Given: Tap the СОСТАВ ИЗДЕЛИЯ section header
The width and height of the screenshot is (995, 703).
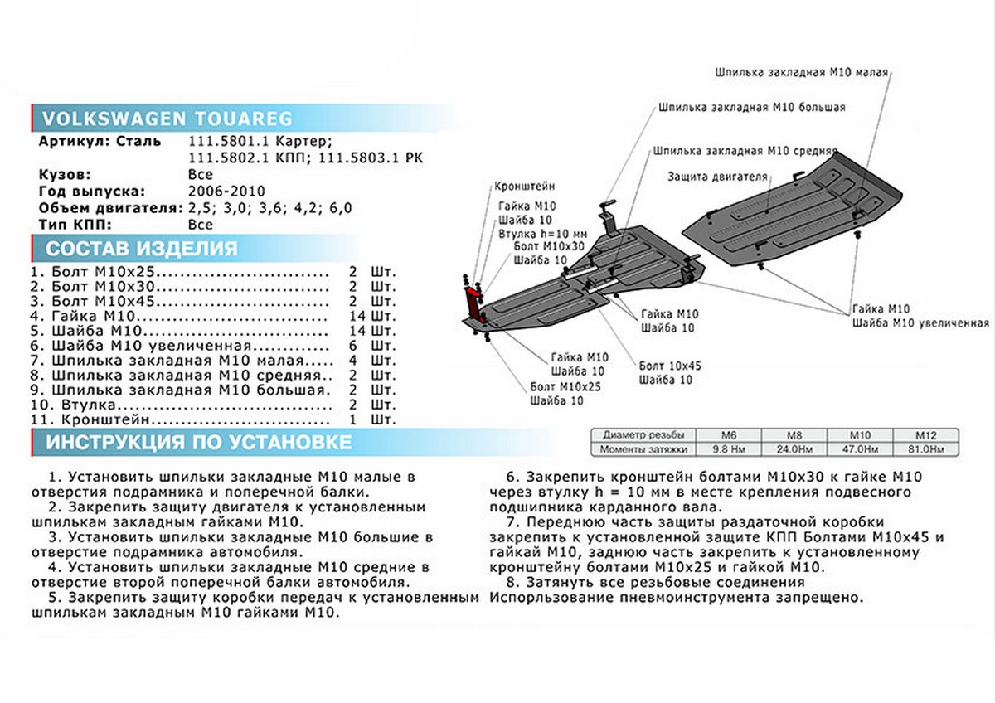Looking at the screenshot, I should [141, 248].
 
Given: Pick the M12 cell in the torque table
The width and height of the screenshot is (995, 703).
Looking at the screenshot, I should [925, 434].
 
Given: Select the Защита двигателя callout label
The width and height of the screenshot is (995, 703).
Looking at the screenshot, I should [718, 177].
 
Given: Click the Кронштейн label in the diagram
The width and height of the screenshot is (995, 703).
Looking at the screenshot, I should [524, 187].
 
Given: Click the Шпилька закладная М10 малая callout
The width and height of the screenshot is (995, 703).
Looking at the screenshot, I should [801, 73].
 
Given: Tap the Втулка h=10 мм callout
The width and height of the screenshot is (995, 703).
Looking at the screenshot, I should [544, 234].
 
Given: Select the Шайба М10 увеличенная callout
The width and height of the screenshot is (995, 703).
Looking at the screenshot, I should [920, 323].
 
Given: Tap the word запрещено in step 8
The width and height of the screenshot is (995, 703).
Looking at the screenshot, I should [821, 598].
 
